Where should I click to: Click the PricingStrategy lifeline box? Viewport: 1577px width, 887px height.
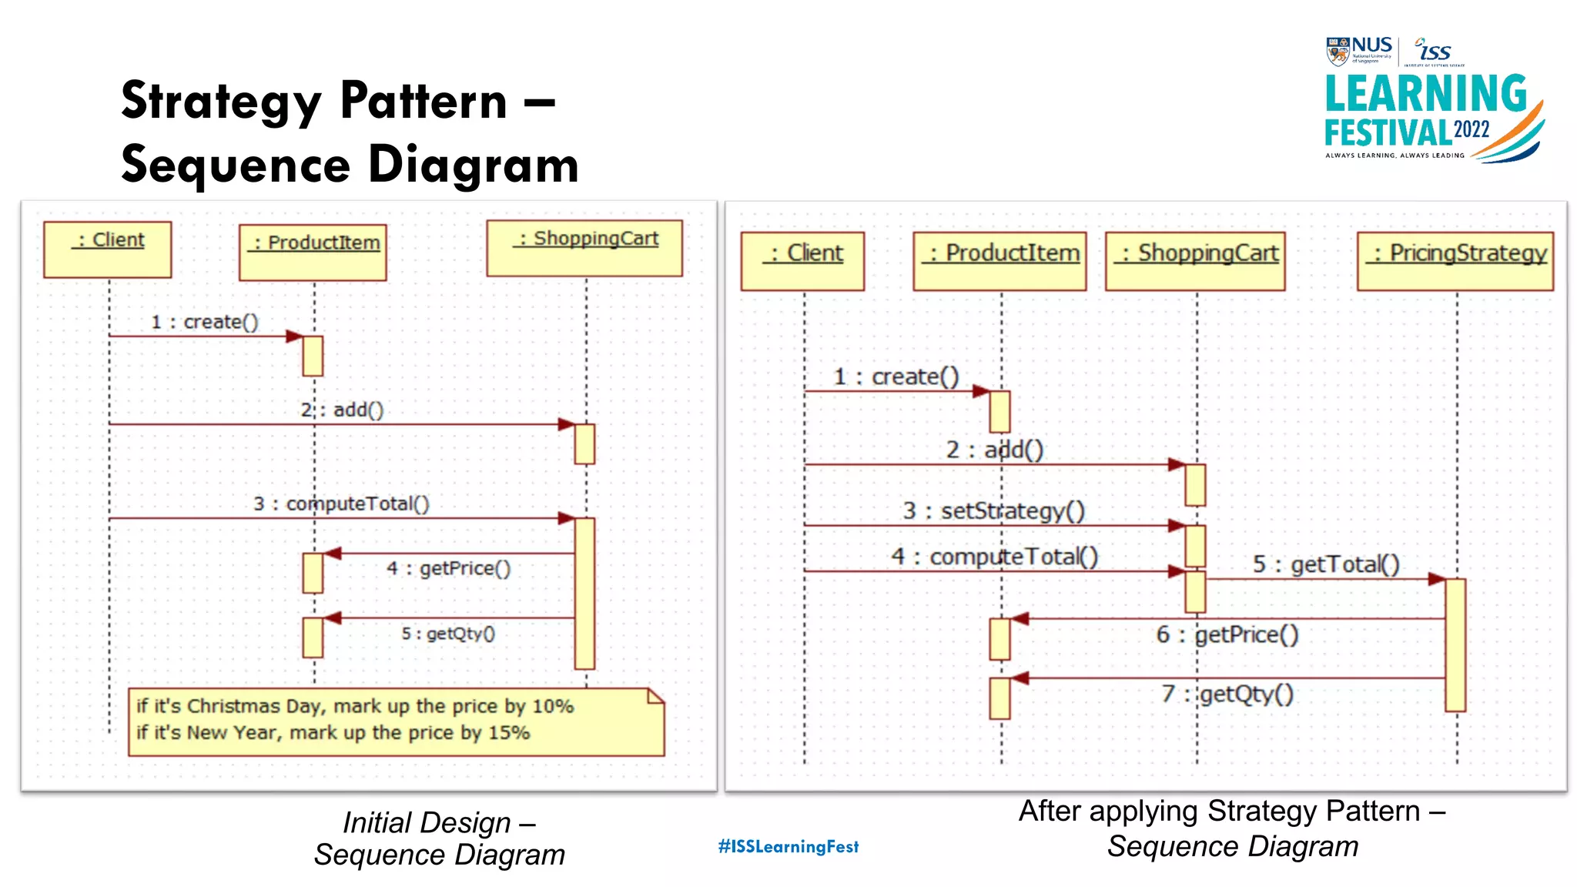tap(1455, 261)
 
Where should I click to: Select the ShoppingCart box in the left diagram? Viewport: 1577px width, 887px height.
tap(584, 248)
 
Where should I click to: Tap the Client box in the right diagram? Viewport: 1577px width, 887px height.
tap(802, 261)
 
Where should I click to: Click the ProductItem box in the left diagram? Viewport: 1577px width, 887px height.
tap(313, 252)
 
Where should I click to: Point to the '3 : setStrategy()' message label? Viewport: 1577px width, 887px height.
tap(993, 510)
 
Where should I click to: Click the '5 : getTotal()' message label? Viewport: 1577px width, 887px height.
tap(1325, 564)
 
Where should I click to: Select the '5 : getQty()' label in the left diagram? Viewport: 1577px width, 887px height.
tap(447, 634)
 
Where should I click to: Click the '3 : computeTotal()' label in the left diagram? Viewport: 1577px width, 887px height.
tap(341, 504)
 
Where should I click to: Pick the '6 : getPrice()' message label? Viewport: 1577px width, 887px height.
tap(1227, 634)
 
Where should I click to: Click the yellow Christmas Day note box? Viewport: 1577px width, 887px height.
tap(396, 721)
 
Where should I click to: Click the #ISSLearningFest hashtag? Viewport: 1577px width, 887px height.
tap(788, 846)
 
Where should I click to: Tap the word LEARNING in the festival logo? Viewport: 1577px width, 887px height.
tap(1425, 95)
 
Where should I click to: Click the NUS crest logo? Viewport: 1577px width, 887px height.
tap(1338, 52)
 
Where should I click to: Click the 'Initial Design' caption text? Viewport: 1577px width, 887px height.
tap(427, 822)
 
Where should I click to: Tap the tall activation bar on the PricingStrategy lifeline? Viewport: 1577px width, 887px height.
tap(1455, 644)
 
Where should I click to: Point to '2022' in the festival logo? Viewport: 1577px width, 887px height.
tap(1472, 129)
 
